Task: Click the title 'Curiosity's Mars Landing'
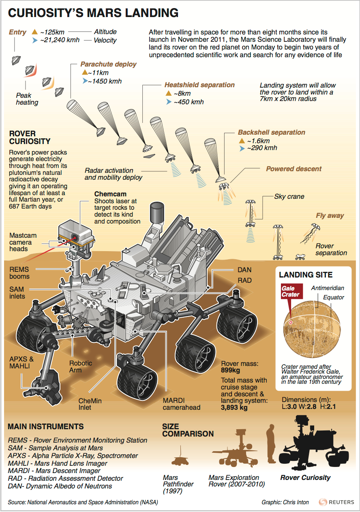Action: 93,13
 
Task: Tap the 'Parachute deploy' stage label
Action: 108,64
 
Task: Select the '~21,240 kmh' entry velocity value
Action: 60,40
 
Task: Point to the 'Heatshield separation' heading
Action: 199,85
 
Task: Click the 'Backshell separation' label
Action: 271,132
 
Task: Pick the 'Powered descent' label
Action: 294,169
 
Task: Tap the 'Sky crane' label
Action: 289,196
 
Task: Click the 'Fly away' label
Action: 330,215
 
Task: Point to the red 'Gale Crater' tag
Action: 290,291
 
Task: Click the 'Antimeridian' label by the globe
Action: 328,288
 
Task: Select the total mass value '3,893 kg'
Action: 234,408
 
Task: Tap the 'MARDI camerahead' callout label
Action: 181,404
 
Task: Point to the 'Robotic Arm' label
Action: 81,366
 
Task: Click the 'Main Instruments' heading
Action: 46,426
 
